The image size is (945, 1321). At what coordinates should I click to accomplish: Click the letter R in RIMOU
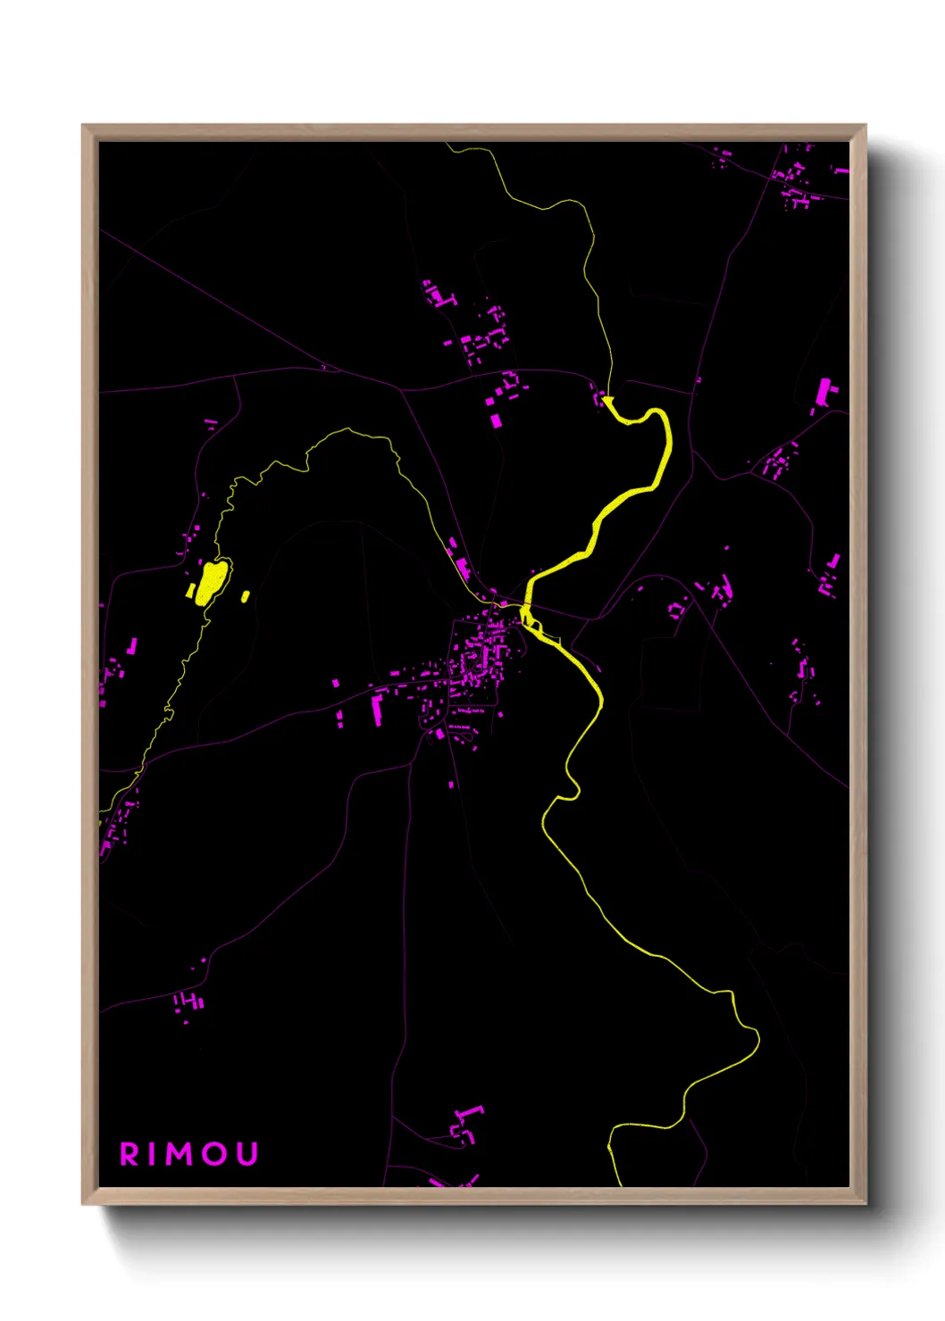point(130,1154)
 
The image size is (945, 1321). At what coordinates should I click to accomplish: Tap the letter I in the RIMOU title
point(154,1154)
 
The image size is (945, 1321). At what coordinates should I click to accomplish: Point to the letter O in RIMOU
point(216,1154)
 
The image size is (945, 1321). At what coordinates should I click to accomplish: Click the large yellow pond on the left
point(211,581)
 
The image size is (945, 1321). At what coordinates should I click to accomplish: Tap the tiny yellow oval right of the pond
point(246,595)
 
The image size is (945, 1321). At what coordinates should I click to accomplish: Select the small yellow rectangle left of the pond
point(190,591)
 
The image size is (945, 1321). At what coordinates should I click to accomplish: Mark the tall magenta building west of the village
point(377,710)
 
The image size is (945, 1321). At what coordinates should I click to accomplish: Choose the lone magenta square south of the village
point(451,785)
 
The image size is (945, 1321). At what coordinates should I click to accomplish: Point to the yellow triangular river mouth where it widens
point(610,404)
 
